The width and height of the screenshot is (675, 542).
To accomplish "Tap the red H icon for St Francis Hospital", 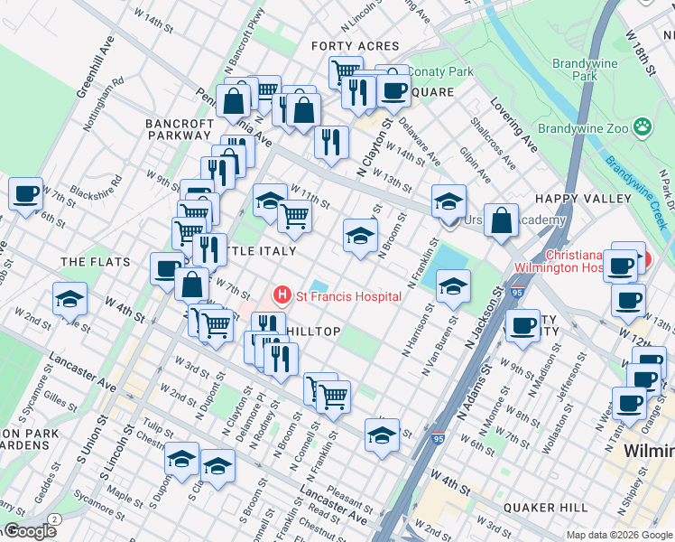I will [283, 295].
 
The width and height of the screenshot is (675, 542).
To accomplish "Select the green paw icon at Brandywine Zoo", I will [643, 128].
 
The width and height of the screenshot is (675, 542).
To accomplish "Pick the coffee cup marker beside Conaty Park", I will [393, 89].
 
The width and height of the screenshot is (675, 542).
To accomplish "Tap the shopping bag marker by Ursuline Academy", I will [501, 220].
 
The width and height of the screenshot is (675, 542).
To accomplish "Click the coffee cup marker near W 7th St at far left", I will [26, 193].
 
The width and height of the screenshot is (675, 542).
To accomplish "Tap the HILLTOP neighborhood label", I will [313, 332].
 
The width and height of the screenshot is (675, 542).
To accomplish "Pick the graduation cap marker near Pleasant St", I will [382, 435].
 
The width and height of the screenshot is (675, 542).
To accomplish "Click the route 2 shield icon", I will [55, 519].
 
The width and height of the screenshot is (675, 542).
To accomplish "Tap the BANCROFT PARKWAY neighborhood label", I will [178, 128].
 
